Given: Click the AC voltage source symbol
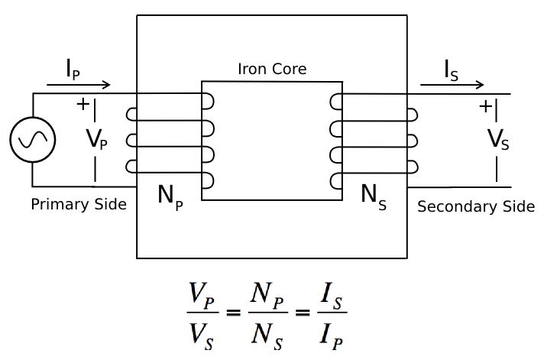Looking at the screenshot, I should pos(32,140).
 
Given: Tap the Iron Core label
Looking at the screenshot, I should pos(273,69).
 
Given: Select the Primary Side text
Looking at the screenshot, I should pos(79,204).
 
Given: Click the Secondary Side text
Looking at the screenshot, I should pos(476,206).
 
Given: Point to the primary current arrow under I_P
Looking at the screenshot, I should pos(79,85).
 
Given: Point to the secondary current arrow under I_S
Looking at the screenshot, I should pos(452,85).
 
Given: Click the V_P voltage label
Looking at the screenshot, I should pos(96,139).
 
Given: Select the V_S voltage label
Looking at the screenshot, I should pos(498,139).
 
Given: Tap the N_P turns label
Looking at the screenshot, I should pos(170,196).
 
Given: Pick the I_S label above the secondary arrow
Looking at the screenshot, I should pos(452,70).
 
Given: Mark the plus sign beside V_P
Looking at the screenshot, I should pos(83,104).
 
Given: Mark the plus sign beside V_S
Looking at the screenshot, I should pos(484,106).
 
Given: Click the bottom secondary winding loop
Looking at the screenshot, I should pos(336,181).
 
